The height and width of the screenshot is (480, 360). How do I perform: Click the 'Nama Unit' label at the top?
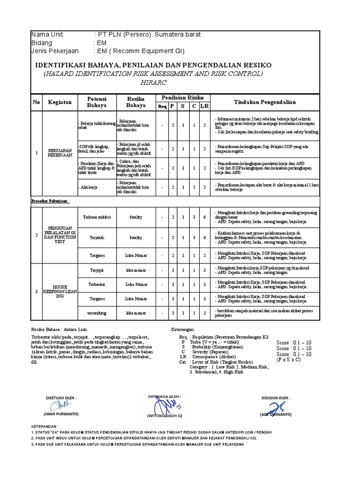click(46, 35)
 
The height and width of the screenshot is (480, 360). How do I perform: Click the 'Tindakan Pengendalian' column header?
click(265, 102)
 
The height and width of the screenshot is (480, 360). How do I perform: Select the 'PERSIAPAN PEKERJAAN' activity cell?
click(59, 153)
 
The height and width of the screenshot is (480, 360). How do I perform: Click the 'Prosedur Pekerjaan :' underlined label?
click(50, 201)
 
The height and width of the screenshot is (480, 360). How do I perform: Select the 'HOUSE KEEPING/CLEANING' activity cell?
click(59, 291)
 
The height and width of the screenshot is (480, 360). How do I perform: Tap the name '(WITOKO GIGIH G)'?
click(165, 415)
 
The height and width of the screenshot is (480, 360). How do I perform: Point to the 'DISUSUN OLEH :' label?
click(276, 397)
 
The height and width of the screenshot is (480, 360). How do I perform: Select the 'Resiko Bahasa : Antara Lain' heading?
click(59, 330)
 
